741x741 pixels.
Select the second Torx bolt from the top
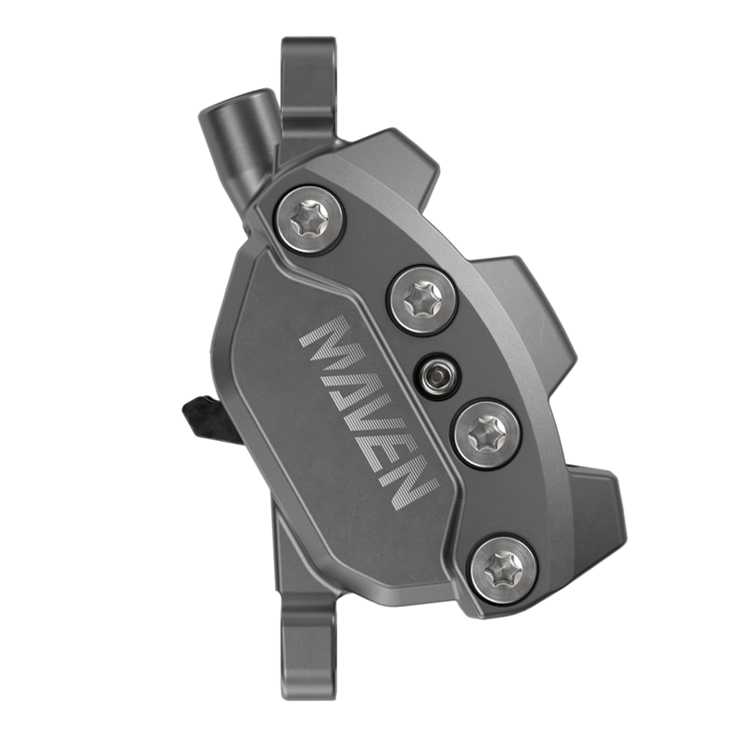click(x=421, y=299)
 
